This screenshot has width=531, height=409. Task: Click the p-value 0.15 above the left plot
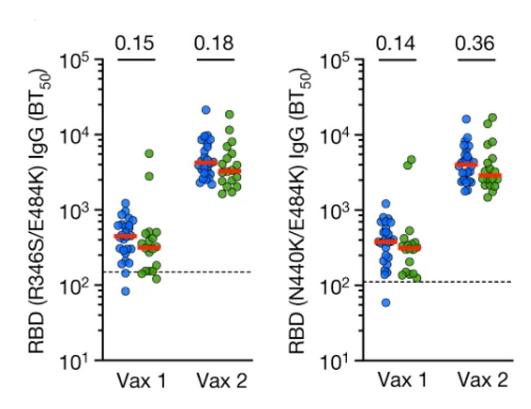135,42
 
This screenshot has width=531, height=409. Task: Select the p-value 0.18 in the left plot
214,42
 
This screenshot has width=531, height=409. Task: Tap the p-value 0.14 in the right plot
395,42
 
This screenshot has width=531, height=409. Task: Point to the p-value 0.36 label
475,42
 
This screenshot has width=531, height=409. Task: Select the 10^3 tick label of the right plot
337,211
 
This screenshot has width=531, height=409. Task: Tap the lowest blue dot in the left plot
126,292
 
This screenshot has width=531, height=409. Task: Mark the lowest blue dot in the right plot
386,303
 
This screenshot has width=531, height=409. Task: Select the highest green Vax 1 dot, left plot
148,154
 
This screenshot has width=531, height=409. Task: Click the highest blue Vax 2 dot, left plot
206,110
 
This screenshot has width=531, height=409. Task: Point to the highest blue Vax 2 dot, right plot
466,119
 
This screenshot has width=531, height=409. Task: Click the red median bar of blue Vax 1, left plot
125,237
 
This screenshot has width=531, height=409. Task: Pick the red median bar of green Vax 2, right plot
490,176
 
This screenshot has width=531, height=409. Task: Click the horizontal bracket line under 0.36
475,59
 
